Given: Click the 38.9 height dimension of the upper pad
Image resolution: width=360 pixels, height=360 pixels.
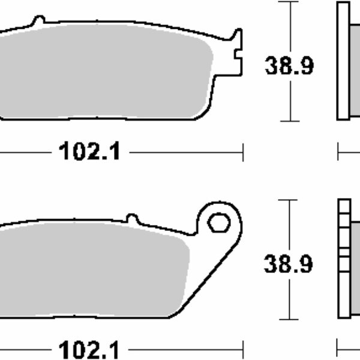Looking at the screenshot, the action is pyautogui.click(x=289, y=66).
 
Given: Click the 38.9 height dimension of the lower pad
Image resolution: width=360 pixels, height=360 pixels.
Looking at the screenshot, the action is pyautogui.click(x=289, y=264).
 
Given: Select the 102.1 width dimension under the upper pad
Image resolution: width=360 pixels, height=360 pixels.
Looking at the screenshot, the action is pyautogui.click(x=89, y=151).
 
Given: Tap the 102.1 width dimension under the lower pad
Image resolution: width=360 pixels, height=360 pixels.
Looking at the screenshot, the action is pyautogui.click(x=89, y=349).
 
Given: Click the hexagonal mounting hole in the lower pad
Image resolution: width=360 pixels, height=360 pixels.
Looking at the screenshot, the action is pyautogui.click(x=219, y=222).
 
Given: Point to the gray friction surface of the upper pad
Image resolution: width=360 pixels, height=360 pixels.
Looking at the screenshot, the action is pyautogui.click(x=103, y=71).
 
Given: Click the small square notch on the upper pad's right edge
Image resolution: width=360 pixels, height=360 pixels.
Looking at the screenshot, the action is pyautogui.click(x=238, y=55).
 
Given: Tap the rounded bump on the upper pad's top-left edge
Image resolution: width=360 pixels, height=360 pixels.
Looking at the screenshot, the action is pyautogui.click(x=38, y=20).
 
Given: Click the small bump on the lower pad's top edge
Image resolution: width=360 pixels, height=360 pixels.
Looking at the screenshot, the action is pyautogui.click(x=133, y=218).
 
